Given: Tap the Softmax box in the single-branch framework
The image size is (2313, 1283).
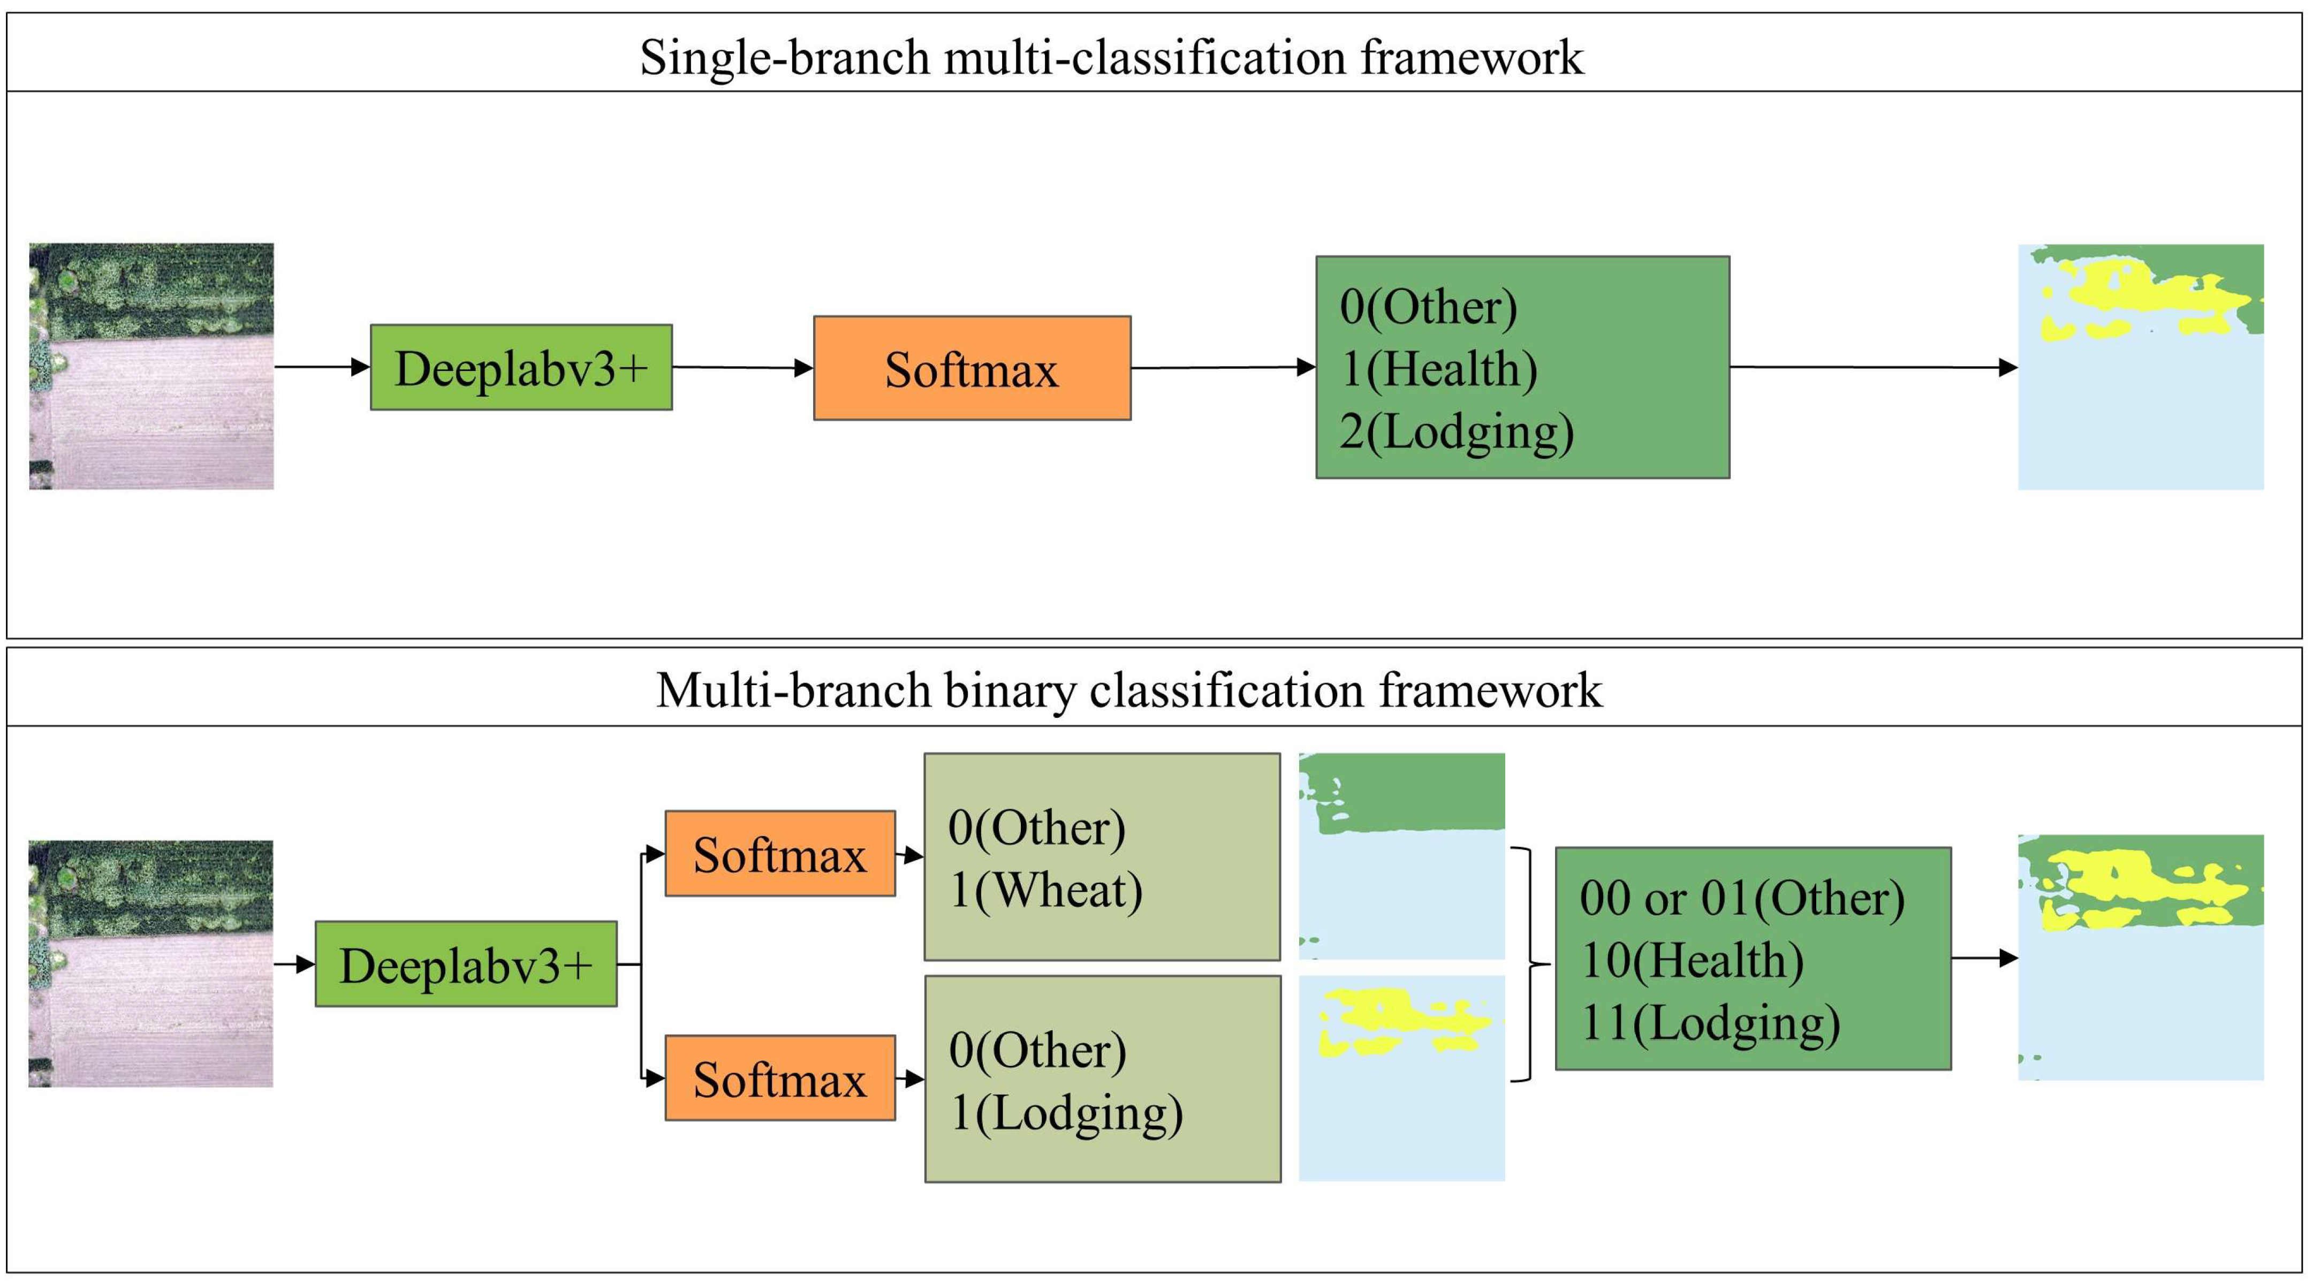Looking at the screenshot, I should point(972,368).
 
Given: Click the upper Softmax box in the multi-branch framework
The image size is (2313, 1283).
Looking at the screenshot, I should point(779,854).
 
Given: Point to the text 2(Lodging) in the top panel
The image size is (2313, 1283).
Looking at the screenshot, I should point(1455,432).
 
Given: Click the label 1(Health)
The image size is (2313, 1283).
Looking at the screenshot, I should point(1438,369).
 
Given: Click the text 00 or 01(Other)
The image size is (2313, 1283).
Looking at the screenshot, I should point(1741,898).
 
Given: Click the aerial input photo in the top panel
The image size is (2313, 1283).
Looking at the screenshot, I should point(151,366).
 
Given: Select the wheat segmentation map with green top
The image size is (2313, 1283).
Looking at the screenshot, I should point(1401,856).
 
